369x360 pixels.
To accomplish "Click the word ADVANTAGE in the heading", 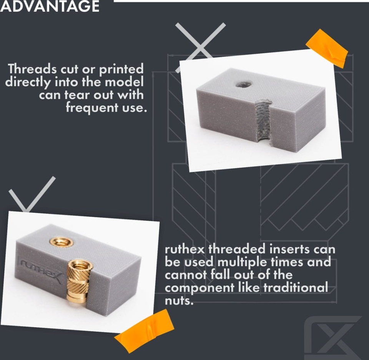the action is pyautogui.click(x=50, y=6).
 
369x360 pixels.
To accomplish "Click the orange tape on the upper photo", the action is pyautogui.click(x=327, y=48).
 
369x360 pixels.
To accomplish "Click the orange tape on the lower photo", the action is pyautogui.click(x=144, y=331).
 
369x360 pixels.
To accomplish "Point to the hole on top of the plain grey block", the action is pyautogui.click(x=243, y=84).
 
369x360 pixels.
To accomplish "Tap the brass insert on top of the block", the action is pyautogui.click(x=61, y=242).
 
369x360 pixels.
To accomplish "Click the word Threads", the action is pyautogui.click(x=32, y=69).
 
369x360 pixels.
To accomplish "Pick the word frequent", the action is pyautogui.click(x=92, y=108).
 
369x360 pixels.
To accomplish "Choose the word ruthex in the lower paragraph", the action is pyautogui.click(x=185, y=250).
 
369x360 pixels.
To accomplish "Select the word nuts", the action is pyautogui.click(x=179, y=301).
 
